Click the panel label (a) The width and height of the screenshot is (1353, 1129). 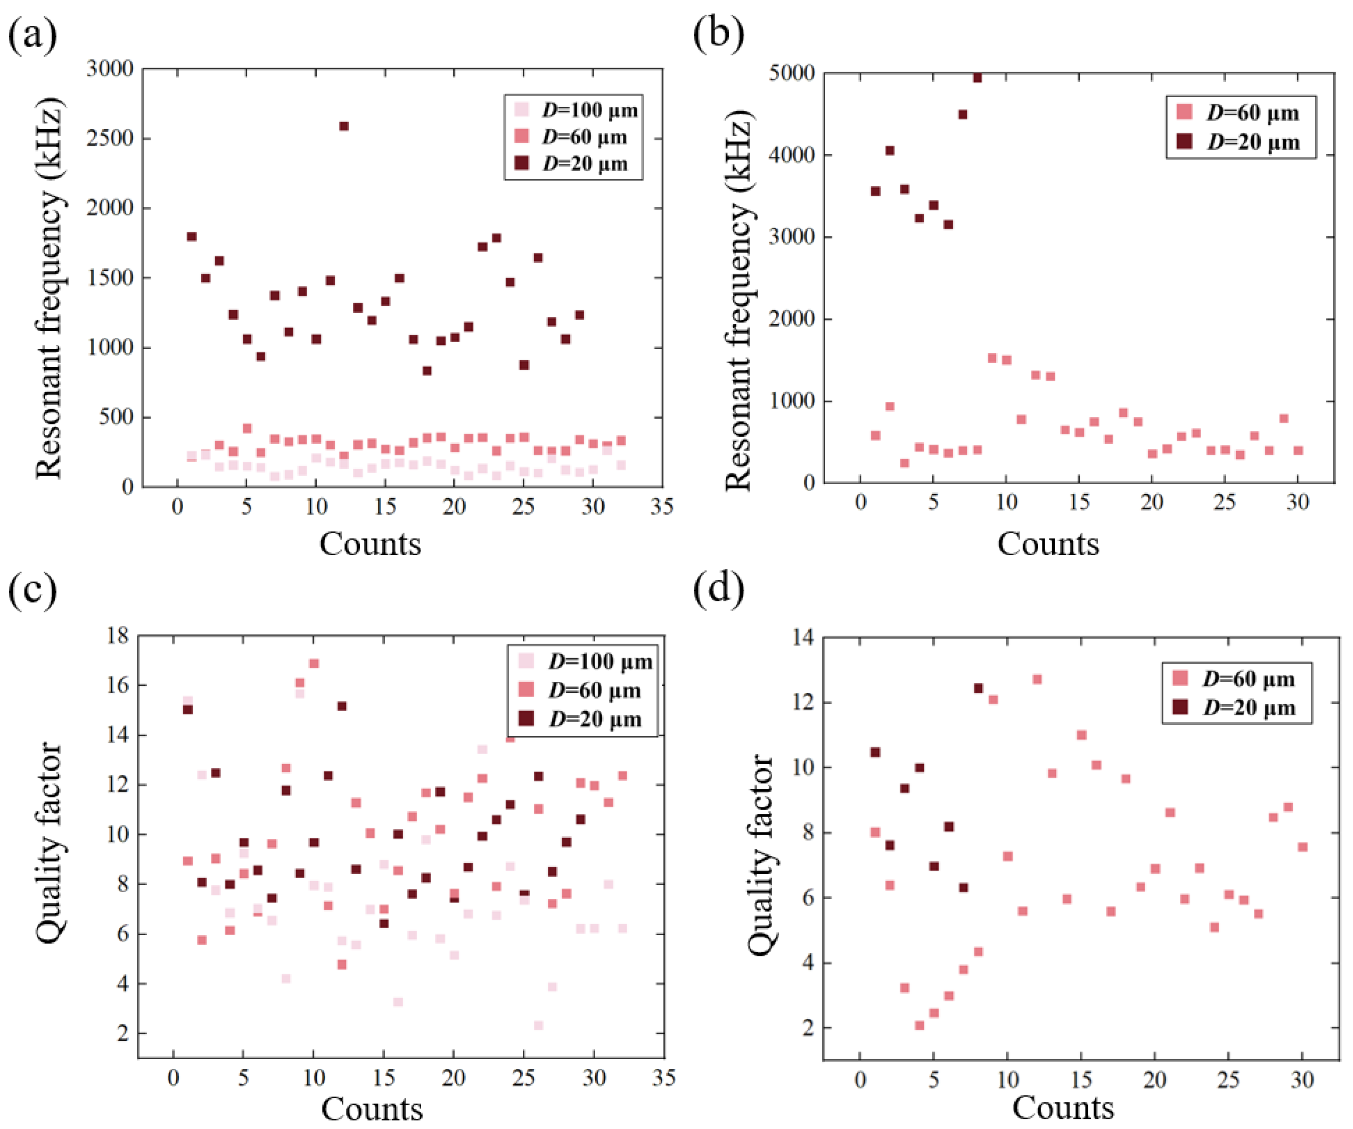(32, 36)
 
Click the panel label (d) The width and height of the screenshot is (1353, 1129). (718, 588)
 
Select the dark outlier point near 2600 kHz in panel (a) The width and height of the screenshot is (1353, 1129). (344, 127)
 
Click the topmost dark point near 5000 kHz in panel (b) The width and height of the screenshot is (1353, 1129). (977, 78)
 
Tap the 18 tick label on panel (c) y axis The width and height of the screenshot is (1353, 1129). (118, 636)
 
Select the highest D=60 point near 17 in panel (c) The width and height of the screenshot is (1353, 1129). (314, 664)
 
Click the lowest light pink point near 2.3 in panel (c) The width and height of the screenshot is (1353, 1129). (539, 1025)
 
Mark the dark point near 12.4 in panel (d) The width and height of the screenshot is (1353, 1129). (978, 688)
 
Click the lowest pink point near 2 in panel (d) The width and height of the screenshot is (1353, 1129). (919, 1025)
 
